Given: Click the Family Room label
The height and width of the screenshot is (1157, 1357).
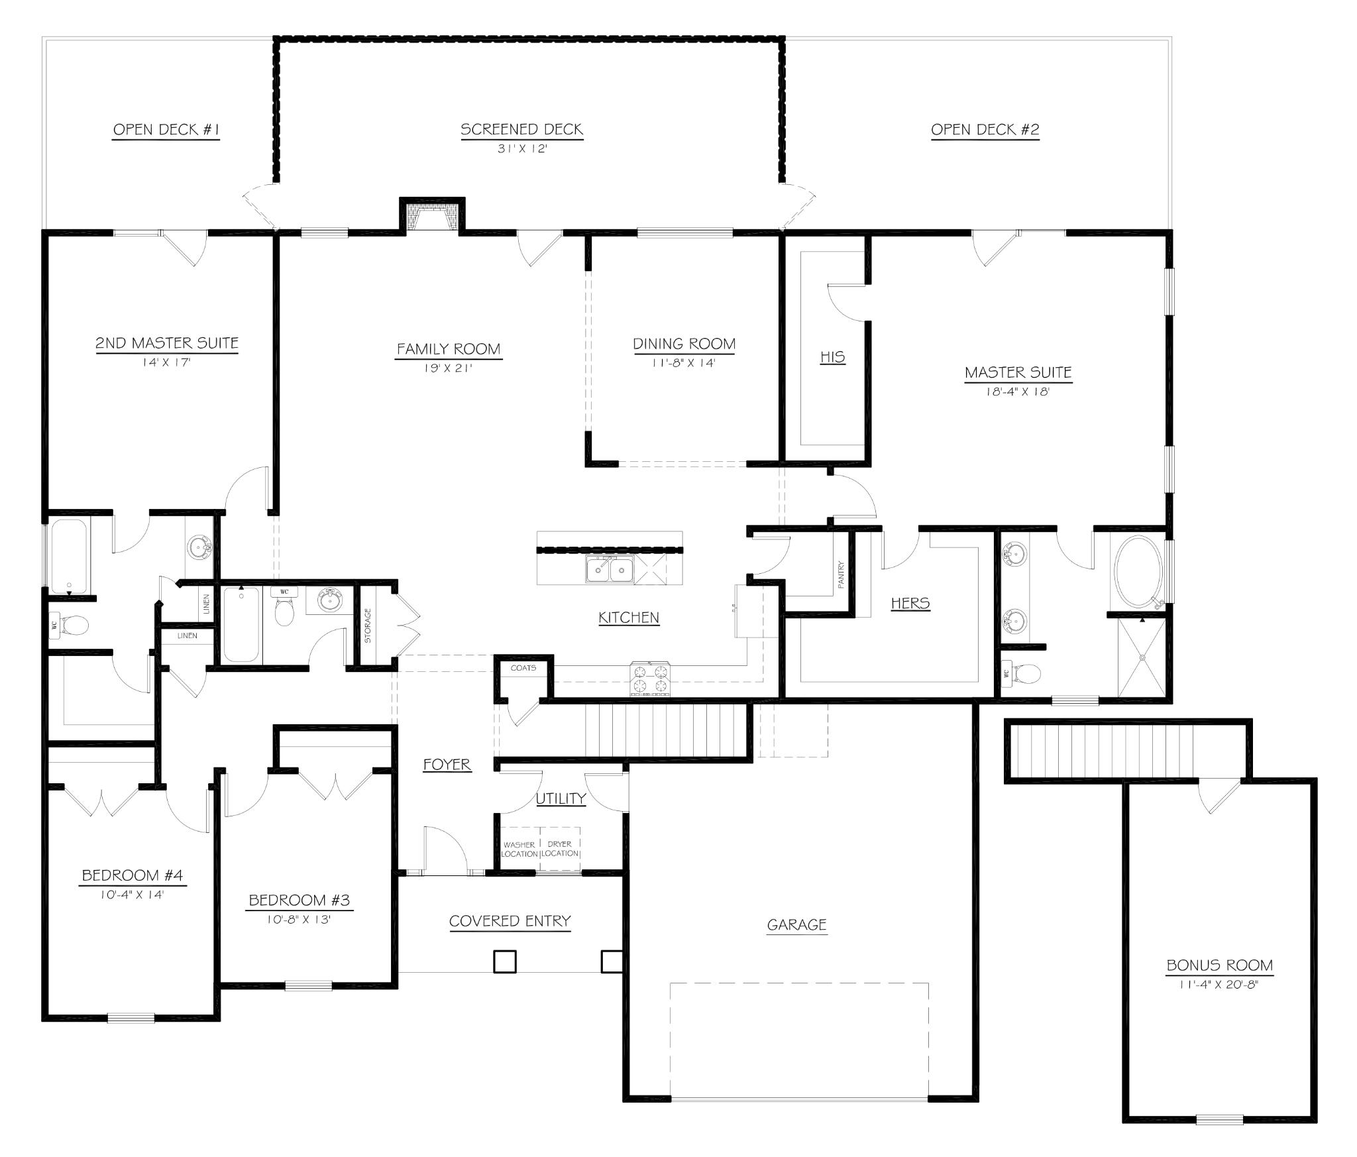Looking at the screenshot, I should point(449,349).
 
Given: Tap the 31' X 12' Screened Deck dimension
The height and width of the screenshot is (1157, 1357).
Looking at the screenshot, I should point(522,149).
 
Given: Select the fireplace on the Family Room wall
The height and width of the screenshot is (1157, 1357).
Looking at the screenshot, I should point(432,216).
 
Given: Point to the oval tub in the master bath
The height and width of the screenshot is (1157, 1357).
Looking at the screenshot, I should point(1138,572).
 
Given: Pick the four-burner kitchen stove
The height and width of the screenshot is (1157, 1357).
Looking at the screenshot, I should point(649,679).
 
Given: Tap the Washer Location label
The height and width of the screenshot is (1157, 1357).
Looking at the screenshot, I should point(519,849).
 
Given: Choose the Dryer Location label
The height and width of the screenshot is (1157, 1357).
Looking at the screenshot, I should point(560,848).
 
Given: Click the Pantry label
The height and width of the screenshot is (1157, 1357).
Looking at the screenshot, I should point(841,575).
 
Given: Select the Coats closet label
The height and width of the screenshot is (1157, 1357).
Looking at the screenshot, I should point(523,668).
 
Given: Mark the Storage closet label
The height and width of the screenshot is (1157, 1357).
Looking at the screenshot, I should point(368,626).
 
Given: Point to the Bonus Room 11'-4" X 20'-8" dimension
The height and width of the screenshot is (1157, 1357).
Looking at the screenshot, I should point(1219,985).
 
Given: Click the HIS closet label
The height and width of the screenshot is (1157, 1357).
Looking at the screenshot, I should point(832,357).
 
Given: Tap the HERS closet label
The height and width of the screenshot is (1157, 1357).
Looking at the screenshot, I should point(910,603).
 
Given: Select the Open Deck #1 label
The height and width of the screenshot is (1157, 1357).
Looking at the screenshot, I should point(166,130).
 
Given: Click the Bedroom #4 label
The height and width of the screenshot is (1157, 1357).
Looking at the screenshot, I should point(133,875).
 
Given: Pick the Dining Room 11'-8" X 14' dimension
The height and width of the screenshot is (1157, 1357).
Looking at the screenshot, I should point(684,363).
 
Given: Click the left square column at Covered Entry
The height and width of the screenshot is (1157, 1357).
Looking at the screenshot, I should point(505,962).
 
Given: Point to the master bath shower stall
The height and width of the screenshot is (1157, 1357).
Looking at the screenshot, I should point(1142,657).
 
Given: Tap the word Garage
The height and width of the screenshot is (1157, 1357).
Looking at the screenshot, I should point(796,925).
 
